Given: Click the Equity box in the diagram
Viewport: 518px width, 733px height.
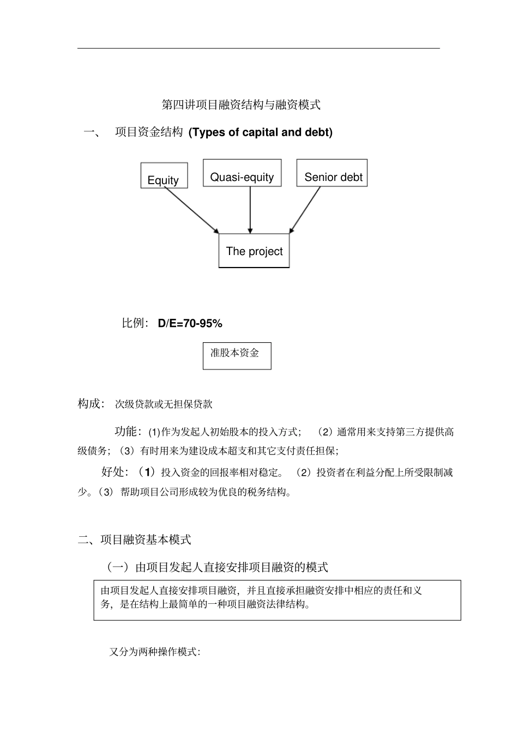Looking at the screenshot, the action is pyautogui.click(x=164, y=176).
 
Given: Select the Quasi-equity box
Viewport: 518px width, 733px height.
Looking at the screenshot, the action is pyautogui.click(x=242, y=173).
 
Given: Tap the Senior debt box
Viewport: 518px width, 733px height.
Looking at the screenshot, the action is pyautogui.click(x=332, y=173).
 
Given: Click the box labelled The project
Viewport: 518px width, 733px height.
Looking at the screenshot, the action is pyautogui.click(x=254, y=251).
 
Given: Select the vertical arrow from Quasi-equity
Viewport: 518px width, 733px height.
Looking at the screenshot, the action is pyautogui.click(x=250, y=210).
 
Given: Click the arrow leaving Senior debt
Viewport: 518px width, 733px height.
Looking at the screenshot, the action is pyautogui.click(x=305, y=209).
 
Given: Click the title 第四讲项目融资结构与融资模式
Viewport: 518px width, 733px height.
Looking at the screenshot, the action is pyautogui.click(x=241, y=105).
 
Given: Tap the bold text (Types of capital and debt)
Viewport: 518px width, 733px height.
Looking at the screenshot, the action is pyautogui.click(x=260, y=132).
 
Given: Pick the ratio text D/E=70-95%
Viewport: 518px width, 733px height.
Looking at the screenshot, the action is pyautogui.click(x=190, y=324).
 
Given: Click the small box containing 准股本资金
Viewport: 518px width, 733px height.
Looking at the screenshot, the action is pyautogui.click(x=237, y=355).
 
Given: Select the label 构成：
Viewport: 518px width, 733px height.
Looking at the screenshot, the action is pyautogui.click(x=91, y=404).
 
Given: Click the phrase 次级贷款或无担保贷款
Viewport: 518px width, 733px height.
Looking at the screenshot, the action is pyautogui.click(x=164, y=404).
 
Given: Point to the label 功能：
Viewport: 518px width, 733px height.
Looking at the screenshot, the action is pyautogui.click(x=128, y=432).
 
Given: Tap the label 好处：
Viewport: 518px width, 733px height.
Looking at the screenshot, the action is pyautogui.click(x=115, y=472).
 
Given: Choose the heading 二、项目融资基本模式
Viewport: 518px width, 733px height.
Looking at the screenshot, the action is pyautogui.click(x=135, y=540).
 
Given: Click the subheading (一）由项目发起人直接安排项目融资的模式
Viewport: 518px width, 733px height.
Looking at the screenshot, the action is pyautogui.click(x=218, y=567).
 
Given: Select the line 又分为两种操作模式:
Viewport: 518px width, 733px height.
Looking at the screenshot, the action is pyautogui.click(x=155, y=652).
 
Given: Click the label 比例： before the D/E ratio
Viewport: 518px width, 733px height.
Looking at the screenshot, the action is pyautogui.click(x=135, y=323).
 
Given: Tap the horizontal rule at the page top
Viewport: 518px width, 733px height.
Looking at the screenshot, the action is pyautogui.click(x=258, y=49).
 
